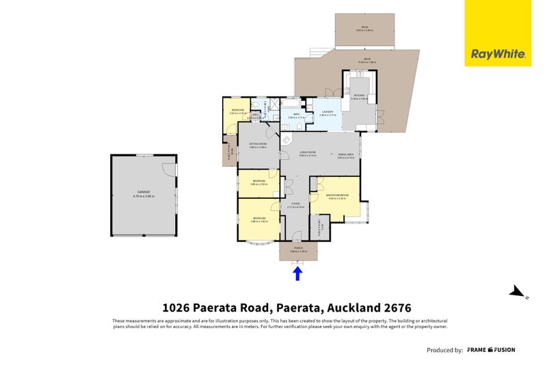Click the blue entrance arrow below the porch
(297, 273)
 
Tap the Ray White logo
(498, 53)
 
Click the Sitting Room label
(257, 146)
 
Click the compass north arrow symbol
(518, 293)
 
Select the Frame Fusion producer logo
(491, 350)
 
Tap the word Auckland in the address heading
(351, 308)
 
